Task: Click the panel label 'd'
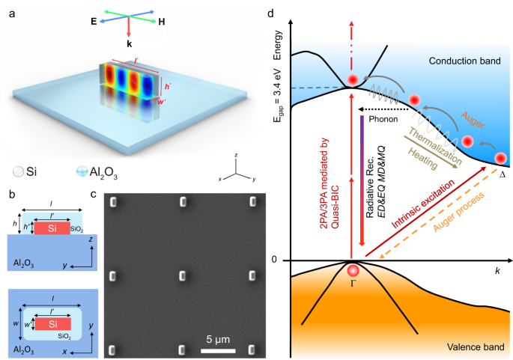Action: [271, 13]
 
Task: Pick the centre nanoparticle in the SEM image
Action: [182, 276]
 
